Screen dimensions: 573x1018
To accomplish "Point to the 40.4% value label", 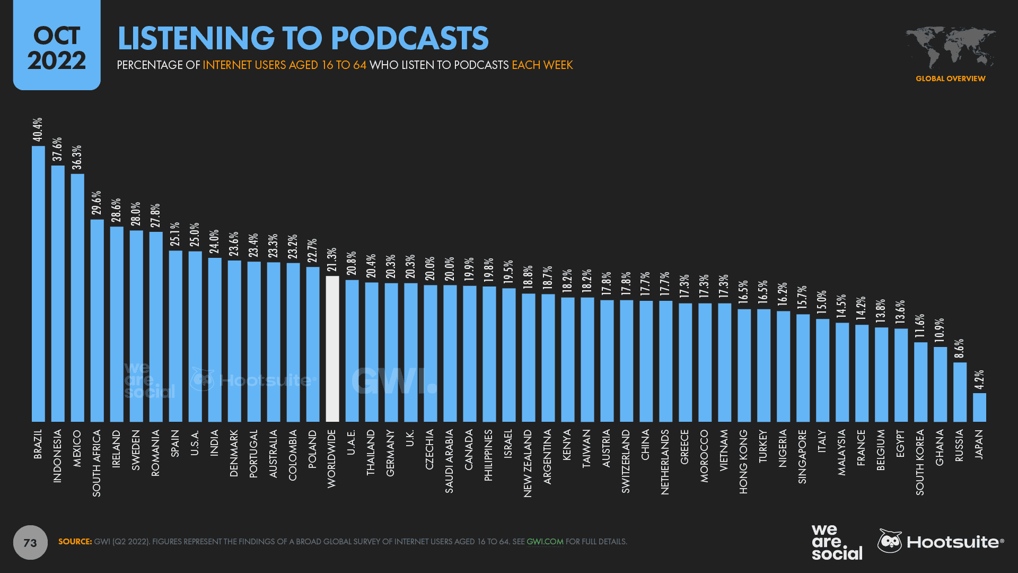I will point(38,130).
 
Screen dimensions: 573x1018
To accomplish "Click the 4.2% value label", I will point(979,380).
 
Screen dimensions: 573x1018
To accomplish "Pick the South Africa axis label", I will point(96,463).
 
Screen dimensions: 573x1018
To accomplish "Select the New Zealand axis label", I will point(528,463).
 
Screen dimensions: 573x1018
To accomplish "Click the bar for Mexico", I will point(77,298).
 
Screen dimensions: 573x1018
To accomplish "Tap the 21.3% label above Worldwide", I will point(332,260).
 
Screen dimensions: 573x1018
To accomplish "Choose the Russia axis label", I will point(959,445).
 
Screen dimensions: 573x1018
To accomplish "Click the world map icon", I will point(950,48).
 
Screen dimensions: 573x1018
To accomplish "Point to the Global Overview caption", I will point(950,79).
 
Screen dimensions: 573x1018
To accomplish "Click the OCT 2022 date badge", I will point(57,47).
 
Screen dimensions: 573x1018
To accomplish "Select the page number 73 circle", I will point(30,542).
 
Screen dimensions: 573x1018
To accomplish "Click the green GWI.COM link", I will point(545,542).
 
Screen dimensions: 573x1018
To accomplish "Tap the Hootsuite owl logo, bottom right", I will point(890,541).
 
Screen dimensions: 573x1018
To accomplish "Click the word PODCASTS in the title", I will point(409,38).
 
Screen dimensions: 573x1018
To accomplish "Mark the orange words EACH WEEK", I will point(542,65).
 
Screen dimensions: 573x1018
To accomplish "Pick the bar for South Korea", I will point(920,382).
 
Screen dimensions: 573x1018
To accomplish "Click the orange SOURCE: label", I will point(75,542).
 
